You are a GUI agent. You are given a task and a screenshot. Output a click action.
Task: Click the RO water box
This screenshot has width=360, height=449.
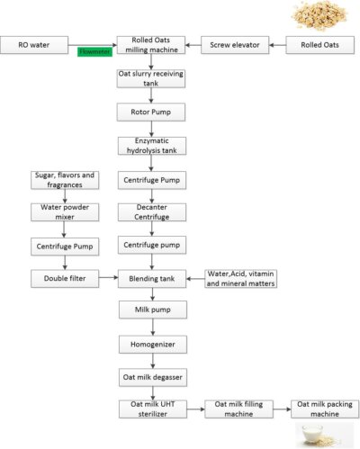click(x=34, y=45)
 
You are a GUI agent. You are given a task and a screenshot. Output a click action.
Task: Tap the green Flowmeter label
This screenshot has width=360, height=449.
click(x=94, y=51)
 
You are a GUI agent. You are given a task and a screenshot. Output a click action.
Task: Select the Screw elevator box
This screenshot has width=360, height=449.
click(x=235, y=45)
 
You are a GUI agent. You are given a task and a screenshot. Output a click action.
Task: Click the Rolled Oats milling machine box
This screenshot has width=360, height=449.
click(x=151, y=45)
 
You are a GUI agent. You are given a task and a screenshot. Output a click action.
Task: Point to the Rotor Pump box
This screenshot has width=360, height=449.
click(x=151, y=112)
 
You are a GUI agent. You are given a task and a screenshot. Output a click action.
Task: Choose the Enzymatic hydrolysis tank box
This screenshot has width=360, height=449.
click(x=152, y=146)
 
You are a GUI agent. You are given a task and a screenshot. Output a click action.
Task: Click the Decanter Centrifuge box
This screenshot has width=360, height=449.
click(x=152, y=212)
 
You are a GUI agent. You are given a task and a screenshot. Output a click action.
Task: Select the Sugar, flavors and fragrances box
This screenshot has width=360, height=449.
click(x=65, y=180)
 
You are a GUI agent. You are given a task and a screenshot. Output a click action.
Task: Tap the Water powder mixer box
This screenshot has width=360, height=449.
click(x=65, y=212)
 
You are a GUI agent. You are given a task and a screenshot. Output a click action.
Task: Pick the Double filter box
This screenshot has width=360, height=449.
click(x=65, y=279)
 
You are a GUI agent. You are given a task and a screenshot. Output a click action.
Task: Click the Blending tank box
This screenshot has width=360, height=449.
click(x=152, y=279)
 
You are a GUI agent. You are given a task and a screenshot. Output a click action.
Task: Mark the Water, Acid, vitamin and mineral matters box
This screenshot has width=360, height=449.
click(x=241, y=279)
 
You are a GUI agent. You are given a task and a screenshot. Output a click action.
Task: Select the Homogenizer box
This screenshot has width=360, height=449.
click(x=153, y=345)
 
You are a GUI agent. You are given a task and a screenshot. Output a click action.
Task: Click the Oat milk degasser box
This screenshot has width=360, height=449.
click(x=153, y=377)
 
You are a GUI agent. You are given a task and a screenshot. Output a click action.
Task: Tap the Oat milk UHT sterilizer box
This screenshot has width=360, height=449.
click(x=153, y=409)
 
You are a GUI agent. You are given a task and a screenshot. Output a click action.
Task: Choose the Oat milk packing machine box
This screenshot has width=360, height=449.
click(x=325, y=409)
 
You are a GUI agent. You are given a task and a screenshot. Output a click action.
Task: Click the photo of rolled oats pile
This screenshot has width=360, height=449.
click(x=319, y=15)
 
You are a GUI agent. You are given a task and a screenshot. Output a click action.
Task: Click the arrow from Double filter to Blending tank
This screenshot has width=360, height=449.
click(x=109, y=278)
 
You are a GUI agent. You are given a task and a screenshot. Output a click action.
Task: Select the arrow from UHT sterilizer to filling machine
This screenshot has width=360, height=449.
click(x=196, y=409)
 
